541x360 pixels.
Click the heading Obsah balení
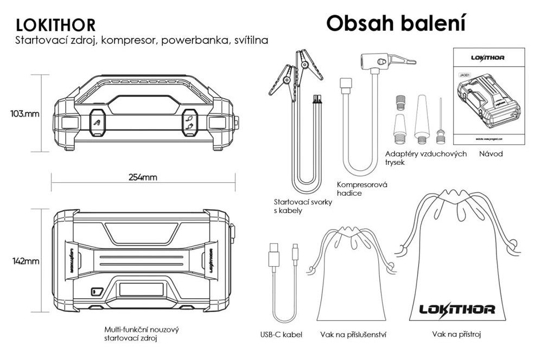396,24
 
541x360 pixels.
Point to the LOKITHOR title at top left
56,24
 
